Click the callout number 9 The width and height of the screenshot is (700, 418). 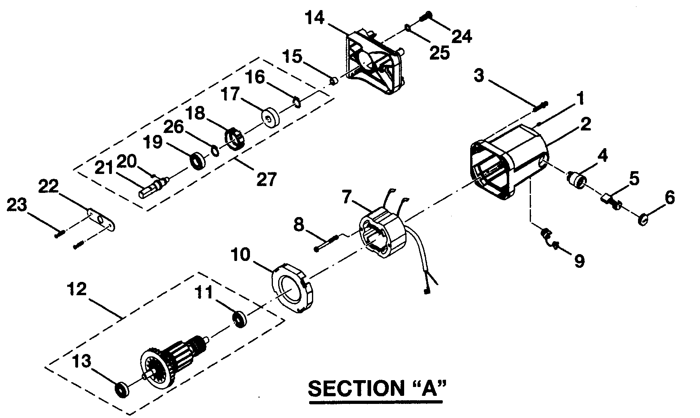[578, 261]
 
